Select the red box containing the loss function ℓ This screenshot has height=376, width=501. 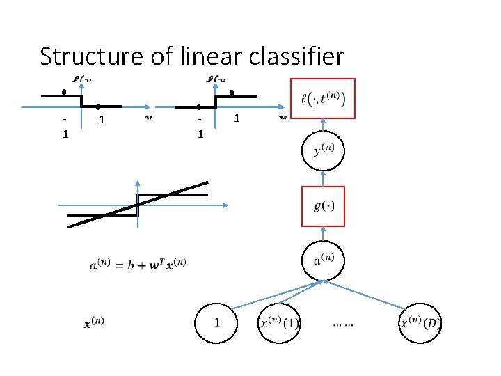coord(322,98)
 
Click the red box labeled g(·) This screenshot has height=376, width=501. coord(322,206)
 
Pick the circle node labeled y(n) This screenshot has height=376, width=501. coord(322,151)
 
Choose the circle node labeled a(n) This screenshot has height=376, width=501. coord(322,260)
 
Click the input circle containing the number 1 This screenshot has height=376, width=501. coord(216,323)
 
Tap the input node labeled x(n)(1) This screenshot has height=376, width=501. coord(279,323)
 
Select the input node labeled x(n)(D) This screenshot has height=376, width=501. coord(420,323)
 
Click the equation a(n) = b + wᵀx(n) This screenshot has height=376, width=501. coord(138,264)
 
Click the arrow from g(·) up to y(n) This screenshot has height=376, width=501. coord(322,179)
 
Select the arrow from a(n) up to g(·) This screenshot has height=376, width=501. coord(322,234)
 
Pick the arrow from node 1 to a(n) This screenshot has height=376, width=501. coord(275,295)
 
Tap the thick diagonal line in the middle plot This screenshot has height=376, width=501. coord(138,204)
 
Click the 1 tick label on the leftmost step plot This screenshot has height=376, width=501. coord(102,120)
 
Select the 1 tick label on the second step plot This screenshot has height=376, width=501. coord(237,119)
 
